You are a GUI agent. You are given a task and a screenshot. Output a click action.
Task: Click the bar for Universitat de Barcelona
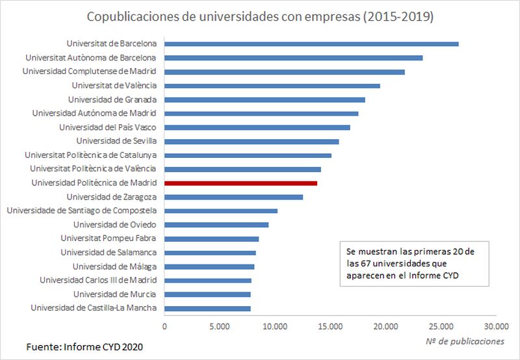(x=311, y=44)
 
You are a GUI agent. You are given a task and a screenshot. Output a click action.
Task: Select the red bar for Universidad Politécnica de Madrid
(x=240, y=183)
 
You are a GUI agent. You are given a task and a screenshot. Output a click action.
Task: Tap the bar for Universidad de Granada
(x=265, y=99)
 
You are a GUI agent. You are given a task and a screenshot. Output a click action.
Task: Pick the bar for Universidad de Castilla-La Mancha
(x=207, y=308)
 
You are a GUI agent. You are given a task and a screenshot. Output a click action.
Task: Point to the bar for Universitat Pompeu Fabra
(x=211, y=238)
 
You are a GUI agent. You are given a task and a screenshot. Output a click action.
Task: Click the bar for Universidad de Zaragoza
(x=233, y=197)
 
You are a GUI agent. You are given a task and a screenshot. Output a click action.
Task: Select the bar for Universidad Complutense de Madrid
(x=284, y=71)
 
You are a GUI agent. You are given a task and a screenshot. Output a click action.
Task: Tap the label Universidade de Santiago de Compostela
(x=82, y=211)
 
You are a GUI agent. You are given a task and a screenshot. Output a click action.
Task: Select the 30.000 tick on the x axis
(x=496, y=326)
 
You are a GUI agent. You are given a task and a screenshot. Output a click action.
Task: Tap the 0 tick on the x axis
(x=165, y=326)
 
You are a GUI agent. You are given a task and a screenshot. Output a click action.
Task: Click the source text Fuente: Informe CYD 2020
(x=84, y=347)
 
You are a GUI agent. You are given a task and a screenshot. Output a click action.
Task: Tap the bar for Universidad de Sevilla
(x=252, y=141)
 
